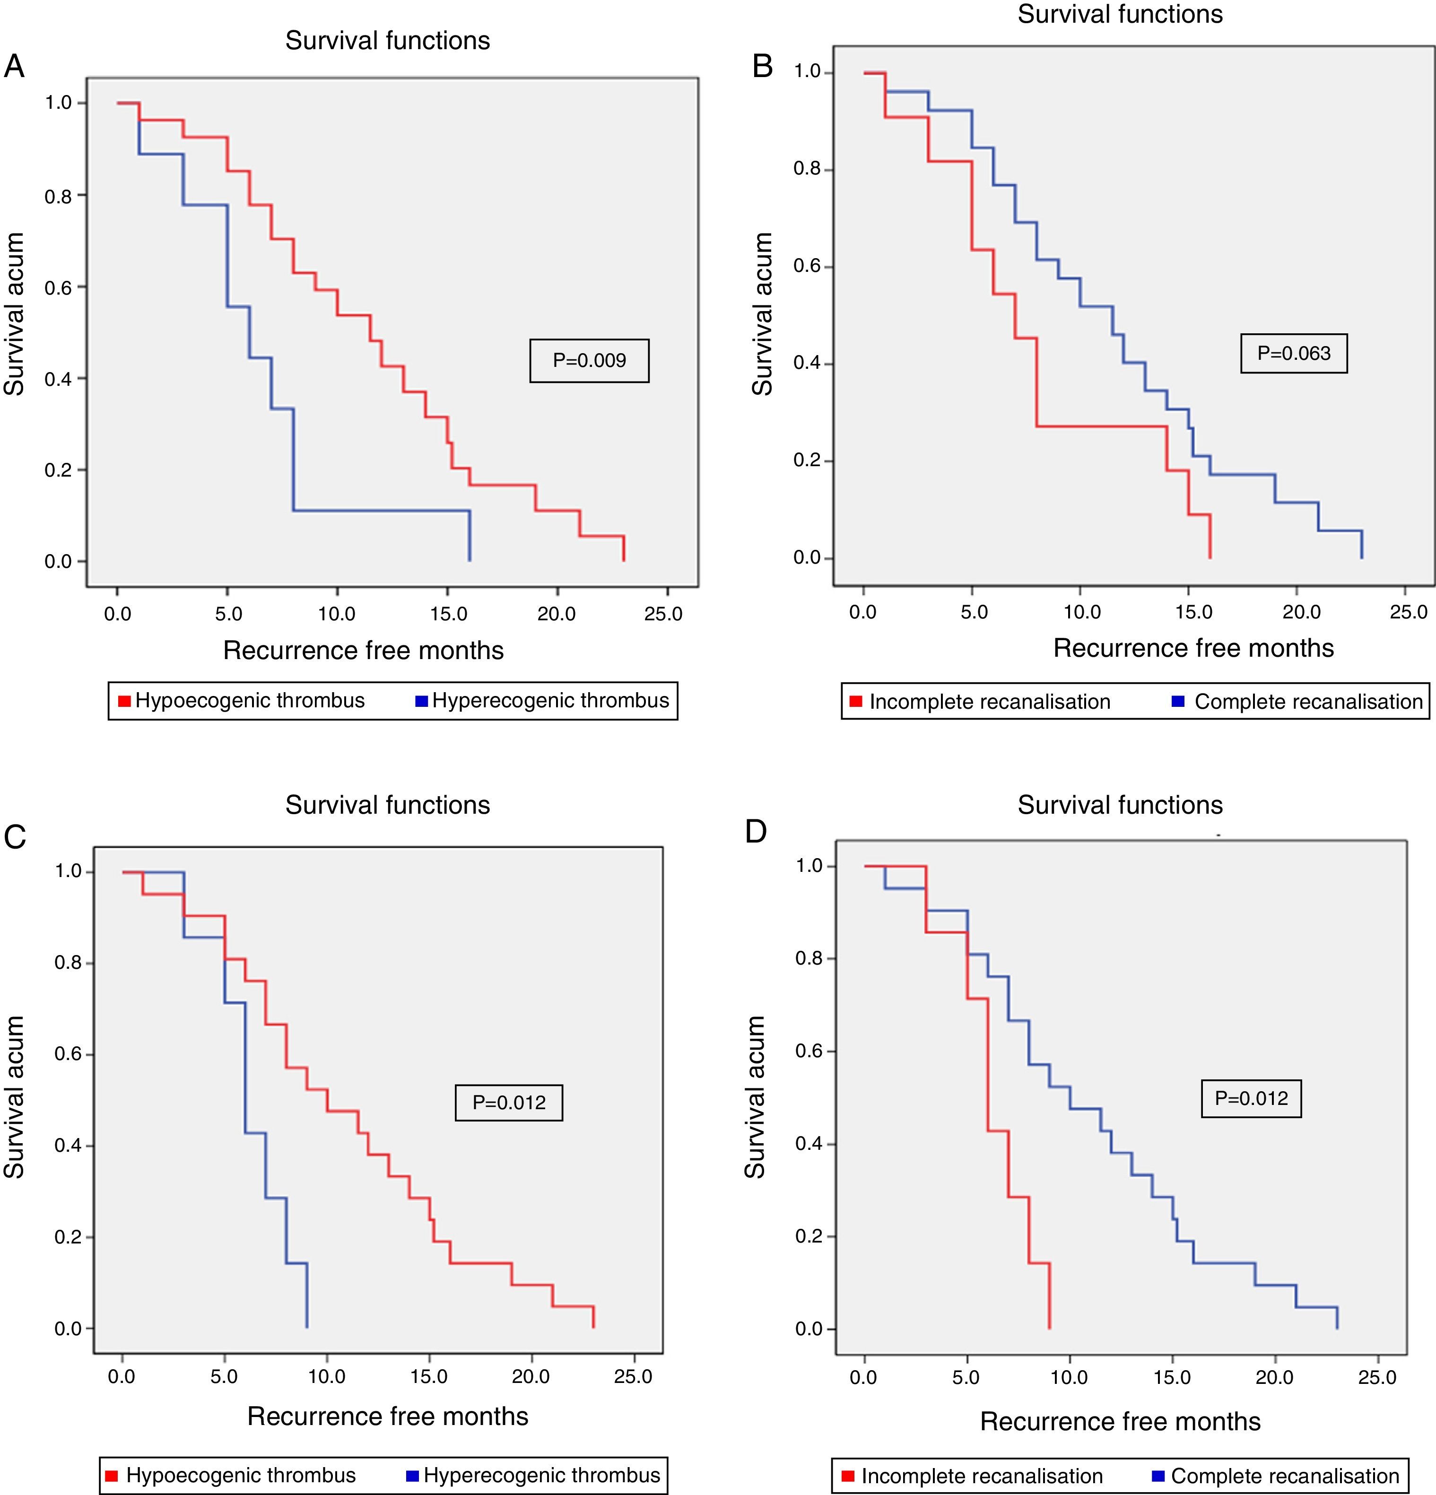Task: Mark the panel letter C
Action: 15,837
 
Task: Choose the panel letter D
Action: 756,831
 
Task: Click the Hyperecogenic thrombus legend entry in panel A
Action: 542,701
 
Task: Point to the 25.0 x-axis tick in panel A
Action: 663,614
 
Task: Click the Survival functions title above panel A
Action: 387,41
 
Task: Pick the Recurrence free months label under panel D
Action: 1120,1421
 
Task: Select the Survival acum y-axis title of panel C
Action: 15,1098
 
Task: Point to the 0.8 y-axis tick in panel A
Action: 59,196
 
